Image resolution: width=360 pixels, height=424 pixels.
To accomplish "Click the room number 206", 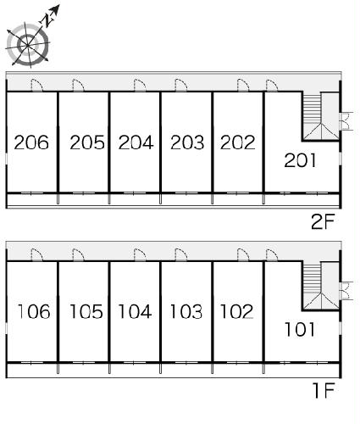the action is (31, 142).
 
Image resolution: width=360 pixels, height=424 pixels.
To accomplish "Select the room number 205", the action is (87, 142).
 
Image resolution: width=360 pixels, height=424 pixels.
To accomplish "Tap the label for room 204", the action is (136, 142).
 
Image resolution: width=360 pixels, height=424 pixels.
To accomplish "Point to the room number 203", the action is (187, 142).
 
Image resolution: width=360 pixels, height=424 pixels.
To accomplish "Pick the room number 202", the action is (238, 142).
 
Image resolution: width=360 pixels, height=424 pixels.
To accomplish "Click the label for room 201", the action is (300, 160).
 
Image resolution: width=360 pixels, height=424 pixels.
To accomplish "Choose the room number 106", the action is (34, 311).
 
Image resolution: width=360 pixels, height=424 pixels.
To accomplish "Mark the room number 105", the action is (86, 311).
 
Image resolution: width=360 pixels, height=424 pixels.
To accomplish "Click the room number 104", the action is (135, 311).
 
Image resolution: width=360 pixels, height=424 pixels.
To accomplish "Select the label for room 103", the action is (186, 311).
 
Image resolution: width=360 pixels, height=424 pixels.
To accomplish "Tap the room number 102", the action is (236, 311).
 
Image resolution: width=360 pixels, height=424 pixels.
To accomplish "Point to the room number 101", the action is (300, 329).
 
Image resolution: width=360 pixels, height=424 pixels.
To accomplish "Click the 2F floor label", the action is (323, 221).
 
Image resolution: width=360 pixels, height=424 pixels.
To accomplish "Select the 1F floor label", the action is (324, 390).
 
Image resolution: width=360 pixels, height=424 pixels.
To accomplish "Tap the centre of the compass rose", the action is (27, 45).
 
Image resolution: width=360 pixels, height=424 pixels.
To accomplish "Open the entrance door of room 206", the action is (36, 85).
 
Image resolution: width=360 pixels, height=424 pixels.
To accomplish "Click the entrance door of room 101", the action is (272, 254).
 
